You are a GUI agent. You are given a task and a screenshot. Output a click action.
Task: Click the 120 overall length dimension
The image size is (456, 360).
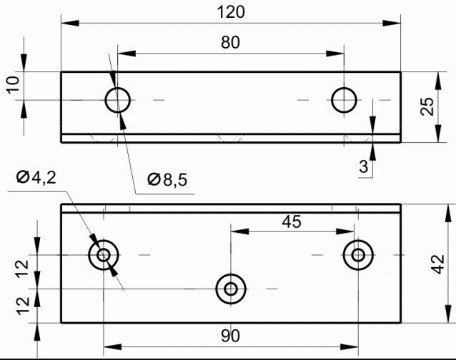pos(230,12)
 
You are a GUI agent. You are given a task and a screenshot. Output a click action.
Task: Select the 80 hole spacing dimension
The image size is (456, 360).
pos(230,42)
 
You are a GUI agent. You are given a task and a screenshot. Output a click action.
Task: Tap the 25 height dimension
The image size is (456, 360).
pos(427,106)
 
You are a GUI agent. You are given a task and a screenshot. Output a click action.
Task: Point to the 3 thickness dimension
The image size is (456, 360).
pos(364,168)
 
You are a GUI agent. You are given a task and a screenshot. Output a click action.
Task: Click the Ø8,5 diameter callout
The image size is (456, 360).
pos(167,180)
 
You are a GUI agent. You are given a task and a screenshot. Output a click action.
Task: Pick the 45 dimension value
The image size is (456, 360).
pos(291,221)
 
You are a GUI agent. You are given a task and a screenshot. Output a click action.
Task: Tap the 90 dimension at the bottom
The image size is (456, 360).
pos(230,336)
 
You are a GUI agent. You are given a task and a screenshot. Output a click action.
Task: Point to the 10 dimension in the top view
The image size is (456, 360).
pos(12,85)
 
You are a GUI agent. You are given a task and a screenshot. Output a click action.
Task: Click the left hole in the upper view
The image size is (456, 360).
pos(118,100)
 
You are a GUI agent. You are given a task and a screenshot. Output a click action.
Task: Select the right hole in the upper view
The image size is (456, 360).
pos(345,100)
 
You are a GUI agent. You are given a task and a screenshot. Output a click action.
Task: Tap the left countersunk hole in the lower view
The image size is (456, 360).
pos(104,254)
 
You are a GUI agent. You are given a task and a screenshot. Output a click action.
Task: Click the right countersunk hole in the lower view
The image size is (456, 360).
pos(357,254)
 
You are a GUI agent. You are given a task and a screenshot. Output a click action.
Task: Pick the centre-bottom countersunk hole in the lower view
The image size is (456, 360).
pos(231,289)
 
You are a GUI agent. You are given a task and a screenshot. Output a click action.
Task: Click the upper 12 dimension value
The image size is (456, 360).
pos(22,270)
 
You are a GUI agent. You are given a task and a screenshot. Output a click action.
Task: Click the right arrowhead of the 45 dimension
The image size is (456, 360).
pos(350,231)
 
